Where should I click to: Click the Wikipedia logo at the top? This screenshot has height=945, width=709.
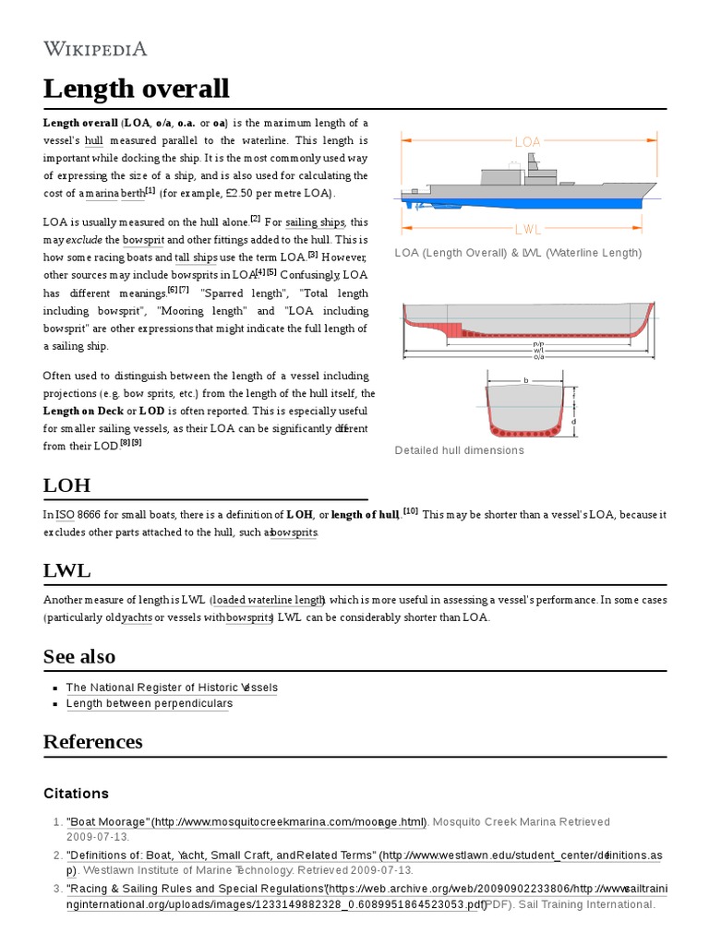click(95, 49)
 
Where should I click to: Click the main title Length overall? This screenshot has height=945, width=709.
click(136, 90)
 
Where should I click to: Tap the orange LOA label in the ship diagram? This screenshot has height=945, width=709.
click(527, 142)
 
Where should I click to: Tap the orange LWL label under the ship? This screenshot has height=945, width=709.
click(527, 228)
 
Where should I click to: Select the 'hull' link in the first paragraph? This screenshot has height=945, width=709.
click(94, 141)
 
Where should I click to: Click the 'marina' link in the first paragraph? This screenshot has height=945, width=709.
click(102, 194)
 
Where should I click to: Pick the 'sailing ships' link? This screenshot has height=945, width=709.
click(314, 222)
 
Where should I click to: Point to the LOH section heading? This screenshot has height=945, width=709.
click(66, 485)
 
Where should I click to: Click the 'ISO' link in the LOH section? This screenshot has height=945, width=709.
click(65, 514)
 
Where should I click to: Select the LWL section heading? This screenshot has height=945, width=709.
click(67, 570)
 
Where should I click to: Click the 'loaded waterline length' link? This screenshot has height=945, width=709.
click(268, 600)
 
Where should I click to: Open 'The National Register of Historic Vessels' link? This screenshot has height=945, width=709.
click(172, 688)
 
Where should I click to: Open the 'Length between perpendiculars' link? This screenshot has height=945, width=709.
click(150, 703)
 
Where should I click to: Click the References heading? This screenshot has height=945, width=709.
click(92, 742)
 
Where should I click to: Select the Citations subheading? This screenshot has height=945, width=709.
click(76, 794)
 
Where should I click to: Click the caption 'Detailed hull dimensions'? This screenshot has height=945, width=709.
click(459, 450)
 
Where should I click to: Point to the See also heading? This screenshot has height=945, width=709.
click(79, 656)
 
